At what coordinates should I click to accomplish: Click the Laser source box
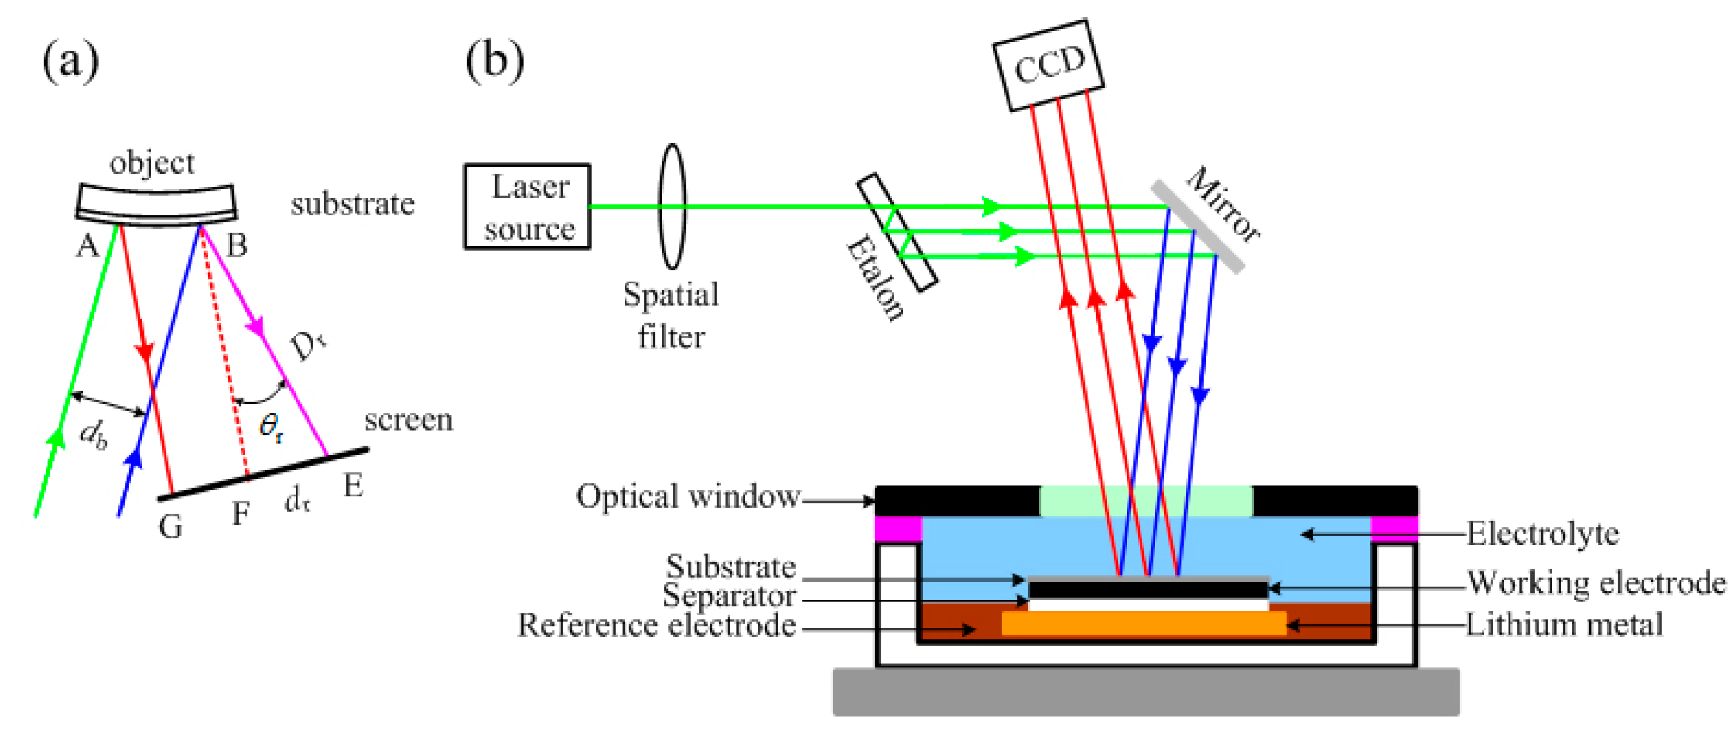[528, 207]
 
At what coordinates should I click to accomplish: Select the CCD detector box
[1048, 65]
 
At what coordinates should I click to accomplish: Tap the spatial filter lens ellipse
[672, 206]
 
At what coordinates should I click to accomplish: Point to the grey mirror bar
[1197, 226]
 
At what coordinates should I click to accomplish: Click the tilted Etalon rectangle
[896, 232]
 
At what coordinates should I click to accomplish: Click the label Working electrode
[1596, 583]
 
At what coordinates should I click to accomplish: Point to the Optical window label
[687, 497]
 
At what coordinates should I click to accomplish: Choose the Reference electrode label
[657, 625]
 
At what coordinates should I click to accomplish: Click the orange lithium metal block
[1143, 623]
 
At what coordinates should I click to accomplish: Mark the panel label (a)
[70, 60]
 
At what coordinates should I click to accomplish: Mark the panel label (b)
[495, 60]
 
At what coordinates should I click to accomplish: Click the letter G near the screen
[171, 527]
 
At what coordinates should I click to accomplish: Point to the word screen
[408, 421]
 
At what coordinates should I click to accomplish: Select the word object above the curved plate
[152, 163]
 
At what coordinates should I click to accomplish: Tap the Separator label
[729, 596]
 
